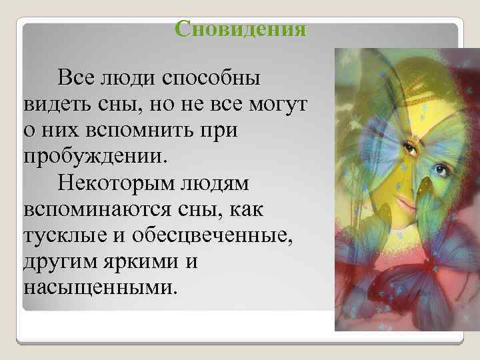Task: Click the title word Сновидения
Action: pyautogui.click(x=240, y=29)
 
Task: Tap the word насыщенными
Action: pyautogui.click(x=101, y=289)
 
